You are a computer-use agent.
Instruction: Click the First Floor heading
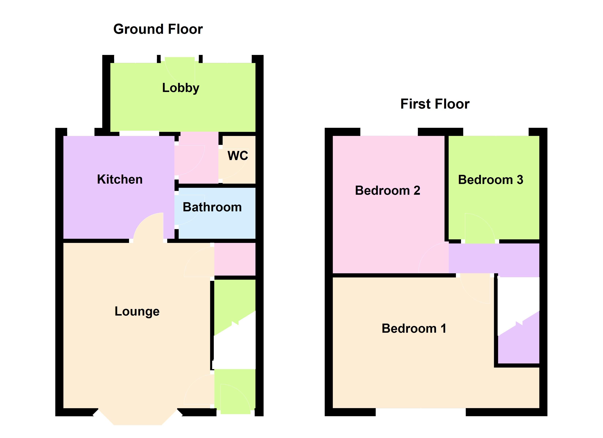(x=435, y=104)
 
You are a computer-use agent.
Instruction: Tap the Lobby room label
(x=181, y=88)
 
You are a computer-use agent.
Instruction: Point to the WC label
(x=238, y=156)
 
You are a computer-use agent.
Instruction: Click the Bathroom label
(x=212, y=207)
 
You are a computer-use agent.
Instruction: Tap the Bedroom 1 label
(x=414, y=328)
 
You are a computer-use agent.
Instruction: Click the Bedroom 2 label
(x=388, y=191)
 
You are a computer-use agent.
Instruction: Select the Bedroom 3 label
(x=491, y=180)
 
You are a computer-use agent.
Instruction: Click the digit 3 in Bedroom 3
(x=520, y=180)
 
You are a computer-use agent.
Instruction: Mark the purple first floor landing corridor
(x=494, y=260)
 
